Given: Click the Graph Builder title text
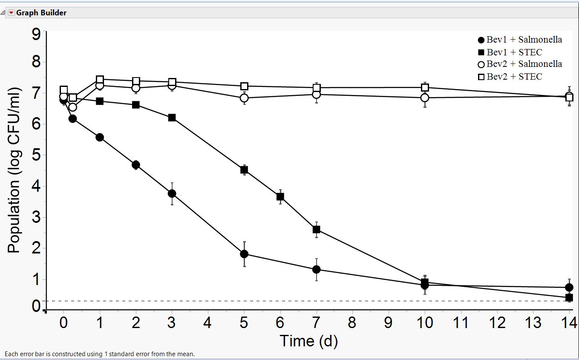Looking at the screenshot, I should click(x=41, y=13).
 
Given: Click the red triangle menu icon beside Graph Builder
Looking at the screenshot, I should click(x=12, y=13).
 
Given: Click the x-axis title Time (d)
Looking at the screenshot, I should click(x=308, y=341).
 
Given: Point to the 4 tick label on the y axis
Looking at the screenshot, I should click(x=36, y=186).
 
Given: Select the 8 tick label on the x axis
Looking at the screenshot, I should click(x=352, y=323).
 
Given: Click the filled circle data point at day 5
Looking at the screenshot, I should click(x=244, y=254).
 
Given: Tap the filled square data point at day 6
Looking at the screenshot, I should click(x=280, y=197).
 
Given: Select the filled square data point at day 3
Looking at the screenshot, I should click(x=172, y=118).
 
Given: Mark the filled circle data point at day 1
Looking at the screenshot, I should click(x=100, y=137).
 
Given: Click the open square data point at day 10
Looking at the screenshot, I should click(x=425, y=87).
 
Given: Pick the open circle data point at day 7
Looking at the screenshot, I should click(x=316, y=94).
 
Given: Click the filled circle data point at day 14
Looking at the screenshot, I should click(x=569, y=287).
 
